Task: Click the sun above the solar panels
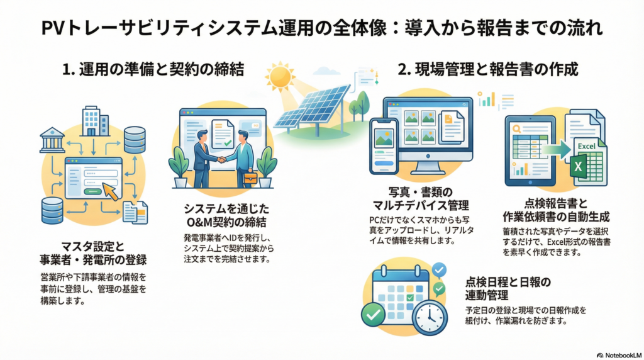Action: (280, 76)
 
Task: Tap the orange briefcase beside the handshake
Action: (250, 178)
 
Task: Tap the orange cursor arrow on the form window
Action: (110, 191)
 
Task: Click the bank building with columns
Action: (52, 140)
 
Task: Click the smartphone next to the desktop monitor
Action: (384, 146)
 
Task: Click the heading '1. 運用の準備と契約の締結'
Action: (153, 69)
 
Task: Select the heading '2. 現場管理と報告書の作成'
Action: (488, 69)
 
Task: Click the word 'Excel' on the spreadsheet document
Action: (586, 146)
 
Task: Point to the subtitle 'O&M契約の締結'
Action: (226, 222)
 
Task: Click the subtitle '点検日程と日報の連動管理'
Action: (508, 288)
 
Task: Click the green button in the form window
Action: (92, 191)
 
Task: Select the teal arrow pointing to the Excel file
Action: (556, 150)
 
